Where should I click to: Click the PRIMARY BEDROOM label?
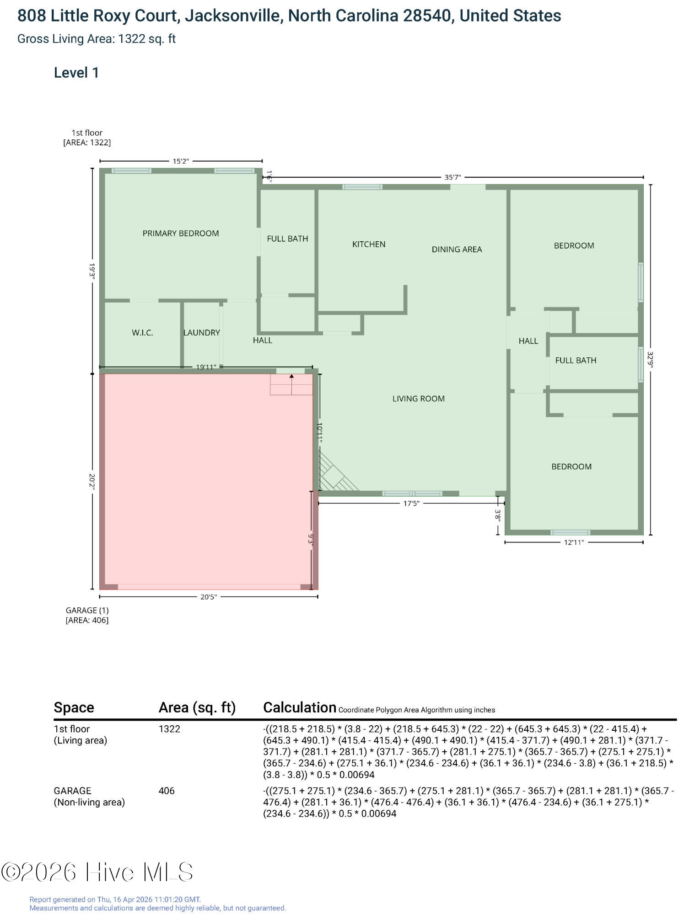coord(181,234)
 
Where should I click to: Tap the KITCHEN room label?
coord(369,244)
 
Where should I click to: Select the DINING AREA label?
coord(457,250)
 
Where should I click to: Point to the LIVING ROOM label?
coord(418,399)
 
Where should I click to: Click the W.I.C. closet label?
coord(142,333)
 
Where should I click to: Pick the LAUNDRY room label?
coord(202,333)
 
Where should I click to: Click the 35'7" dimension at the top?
coord(452,177)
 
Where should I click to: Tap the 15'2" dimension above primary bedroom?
coord(181,161)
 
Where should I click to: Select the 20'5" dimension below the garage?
coord(209,597)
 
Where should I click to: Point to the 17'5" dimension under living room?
coord(411,504)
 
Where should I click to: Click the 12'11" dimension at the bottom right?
coord(574,542)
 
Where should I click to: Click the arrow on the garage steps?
coord(291,377)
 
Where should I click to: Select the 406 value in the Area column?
coord(167,791)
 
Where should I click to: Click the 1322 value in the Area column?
coord(169,729)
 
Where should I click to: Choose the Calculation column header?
coord(300,707)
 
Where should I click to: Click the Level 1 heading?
coord(76,73)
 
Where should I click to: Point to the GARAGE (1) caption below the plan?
coord(87,611)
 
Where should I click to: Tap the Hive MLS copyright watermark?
coord(97,872)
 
